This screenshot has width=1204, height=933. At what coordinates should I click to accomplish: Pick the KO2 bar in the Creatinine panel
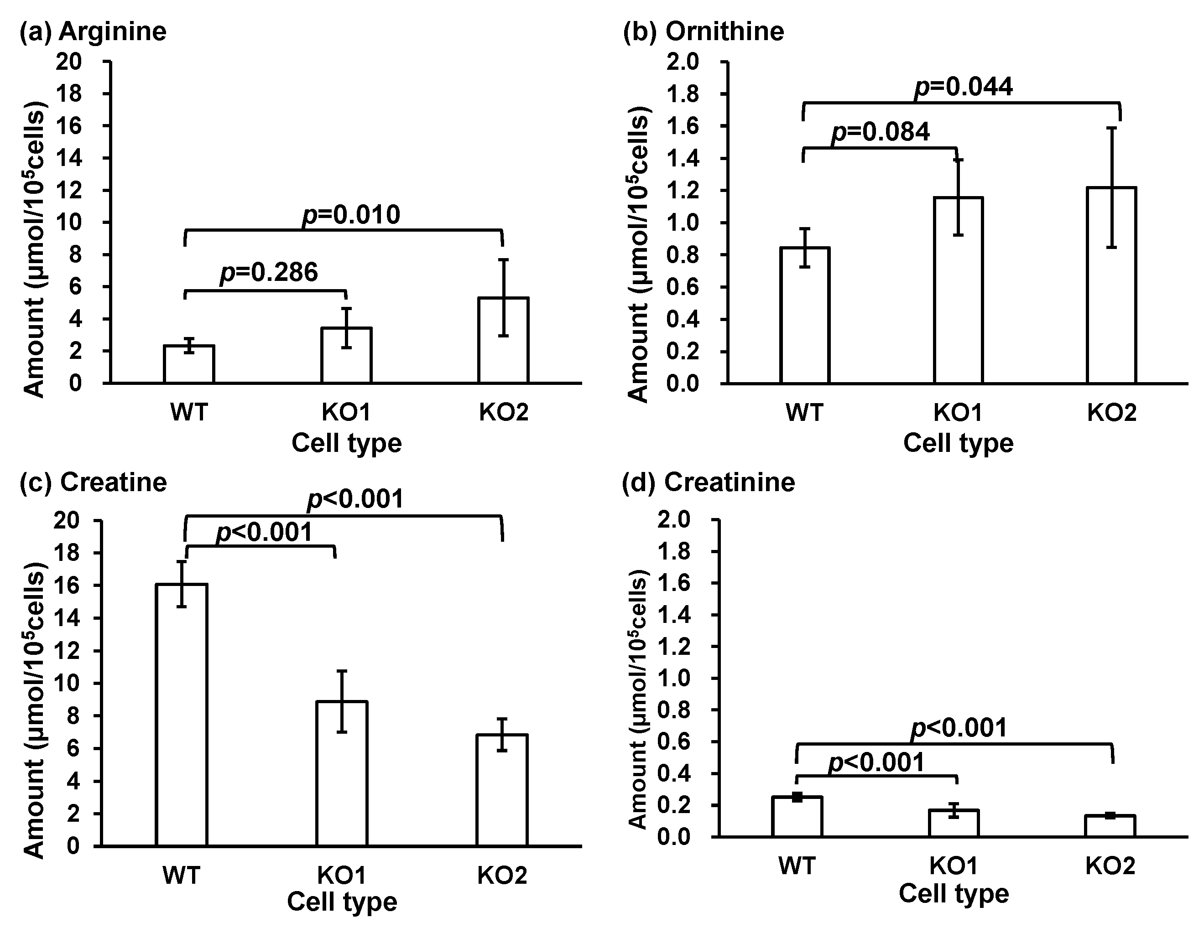coord(1110,826)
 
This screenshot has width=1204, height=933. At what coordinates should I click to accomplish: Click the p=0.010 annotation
coord(351,215)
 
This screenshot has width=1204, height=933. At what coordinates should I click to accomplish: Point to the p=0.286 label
coord(269,272)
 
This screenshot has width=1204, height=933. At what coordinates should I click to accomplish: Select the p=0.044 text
coord(964,87)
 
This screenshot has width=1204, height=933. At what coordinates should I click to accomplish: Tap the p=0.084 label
coord(881,132)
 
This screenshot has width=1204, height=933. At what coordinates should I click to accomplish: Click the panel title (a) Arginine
coord(93,31)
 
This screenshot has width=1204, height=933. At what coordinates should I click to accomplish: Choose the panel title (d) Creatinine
coord(709,482)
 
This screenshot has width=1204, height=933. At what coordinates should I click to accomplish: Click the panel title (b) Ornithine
coord(704,31)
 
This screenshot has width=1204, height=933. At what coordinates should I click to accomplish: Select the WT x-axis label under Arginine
coord(189,412)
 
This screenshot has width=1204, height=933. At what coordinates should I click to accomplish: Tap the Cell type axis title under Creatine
coord(342,902)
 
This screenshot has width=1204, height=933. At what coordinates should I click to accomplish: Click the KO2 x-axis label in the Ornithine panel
coord(1112,412)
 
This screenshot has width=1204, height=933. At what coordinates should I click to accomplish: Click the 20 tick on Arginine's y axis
coord(68,61)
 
